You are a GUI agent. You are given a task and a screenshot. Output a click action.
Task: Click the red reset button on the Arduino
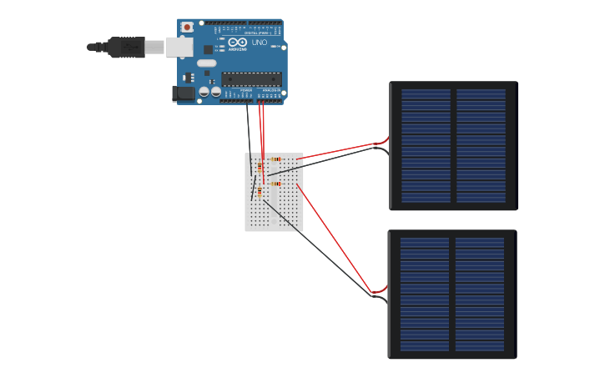coord(187,27)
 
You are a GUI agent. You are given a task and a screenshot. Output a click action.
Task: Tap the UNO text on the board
coord(260,42)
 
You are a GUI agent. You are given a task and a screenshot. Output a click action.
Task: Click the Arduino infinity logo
coord(237,42)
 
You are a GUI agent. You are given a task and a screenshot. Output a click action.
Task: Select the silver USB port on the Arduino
coord(179,47)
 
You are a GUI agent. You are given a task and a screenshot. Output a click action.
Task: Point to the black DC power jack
coord(184,93)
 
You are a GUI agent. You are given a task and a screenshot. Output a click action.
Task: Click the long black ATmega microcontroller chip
coord(251,78)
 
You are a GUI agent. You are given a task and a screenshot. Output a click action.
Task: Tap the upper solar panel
coord(453,146)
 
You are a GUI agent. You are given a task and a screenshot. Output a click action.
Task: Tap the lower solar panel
coord(452,295)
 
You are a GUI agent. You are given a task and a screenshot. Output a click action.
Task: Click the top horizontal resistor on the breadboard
coord(275,159)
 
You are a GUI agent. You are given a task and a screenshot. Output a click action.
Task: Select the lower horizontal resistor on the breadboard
coord(275,184)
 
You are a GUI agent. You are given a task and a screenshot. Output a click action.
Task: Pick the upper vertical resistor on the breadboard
coord(260,169)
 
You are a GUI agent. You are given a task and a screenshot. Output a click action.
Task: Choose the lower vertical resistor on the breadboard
coord(260,193)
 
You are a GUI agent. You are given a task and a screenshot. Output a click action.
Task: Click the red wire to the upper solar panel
coord(342,149)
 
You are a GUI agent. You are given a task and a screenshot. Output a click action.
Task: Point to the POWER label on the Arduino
coord(246,90)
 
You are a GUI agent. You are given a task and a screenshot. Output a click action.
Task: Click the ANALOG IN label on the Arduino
coord(272,90)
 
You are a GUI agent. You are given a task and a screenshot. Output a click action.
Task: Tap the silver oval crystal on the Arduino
coord(206,63)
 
